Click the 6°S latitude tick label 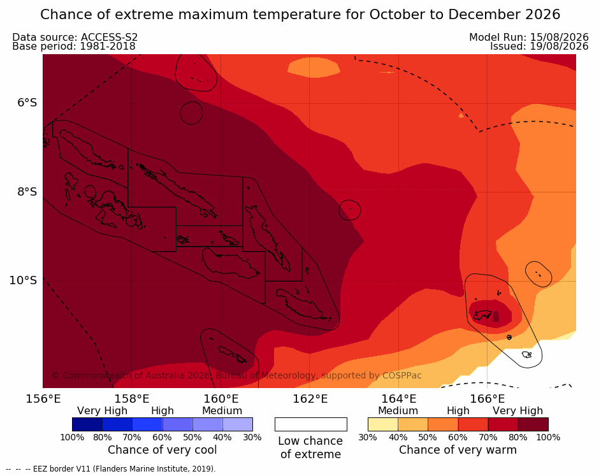(27, 103)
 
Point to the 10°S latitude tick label (23, 280)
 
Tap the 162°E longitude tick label (310, 399)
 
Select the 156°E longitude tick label (43, 399)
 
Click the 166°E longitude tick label (487, 399)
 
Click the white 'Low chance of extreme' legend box (311, 424)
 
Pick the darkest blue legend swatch (87, 424)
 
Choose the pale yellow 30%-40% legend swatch (383, 424)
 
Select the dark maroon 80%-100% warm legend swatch (533, 424)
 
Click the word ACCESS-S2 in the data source (109, 37)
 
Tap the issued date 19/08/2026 (559, 47)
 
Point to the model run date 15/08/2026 (559, 37)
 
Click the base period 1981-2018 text (107, 47)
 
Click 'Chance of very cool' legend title (162, 450)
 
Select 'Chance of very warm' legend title (458, 450)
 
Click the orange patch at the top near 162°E (314, 68)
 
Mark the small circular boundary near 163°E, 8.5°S (349, 210)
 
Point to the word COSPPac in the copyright (402, 375)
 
